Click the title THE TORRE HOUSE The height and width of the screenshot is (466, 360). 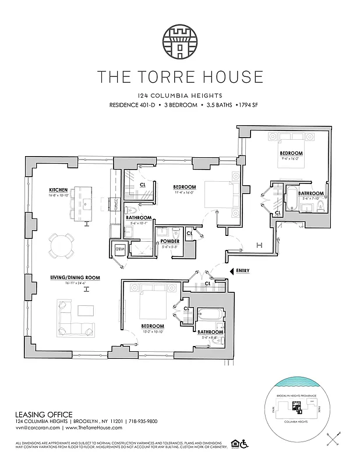(180, 76)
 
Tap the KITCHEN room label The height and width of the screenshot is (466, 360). (59, 190)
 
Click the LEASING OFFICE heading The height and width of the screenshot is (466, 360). (44, 414)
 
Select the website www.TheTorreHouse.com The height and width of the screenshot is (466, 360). (84, 428)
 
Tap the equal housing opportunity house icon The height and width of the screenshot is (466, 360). (234, 444)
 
